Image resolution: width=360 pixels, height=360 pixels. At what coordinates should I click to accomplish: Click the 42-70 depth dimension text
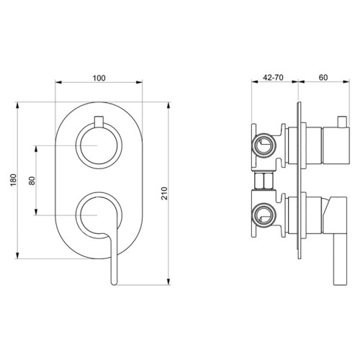click(x=272, y=75)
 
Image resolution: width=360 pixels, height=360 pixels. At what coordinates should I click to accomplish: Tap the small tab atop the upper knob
click(x=98, y=119)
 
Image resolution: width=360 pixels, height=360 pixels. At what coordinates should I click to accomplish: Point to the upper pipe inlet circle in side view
click(x=264, y=146)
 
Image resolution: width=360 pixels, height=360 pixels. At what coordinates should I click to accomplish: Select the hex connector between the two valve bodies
click(x=264, y=179)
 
